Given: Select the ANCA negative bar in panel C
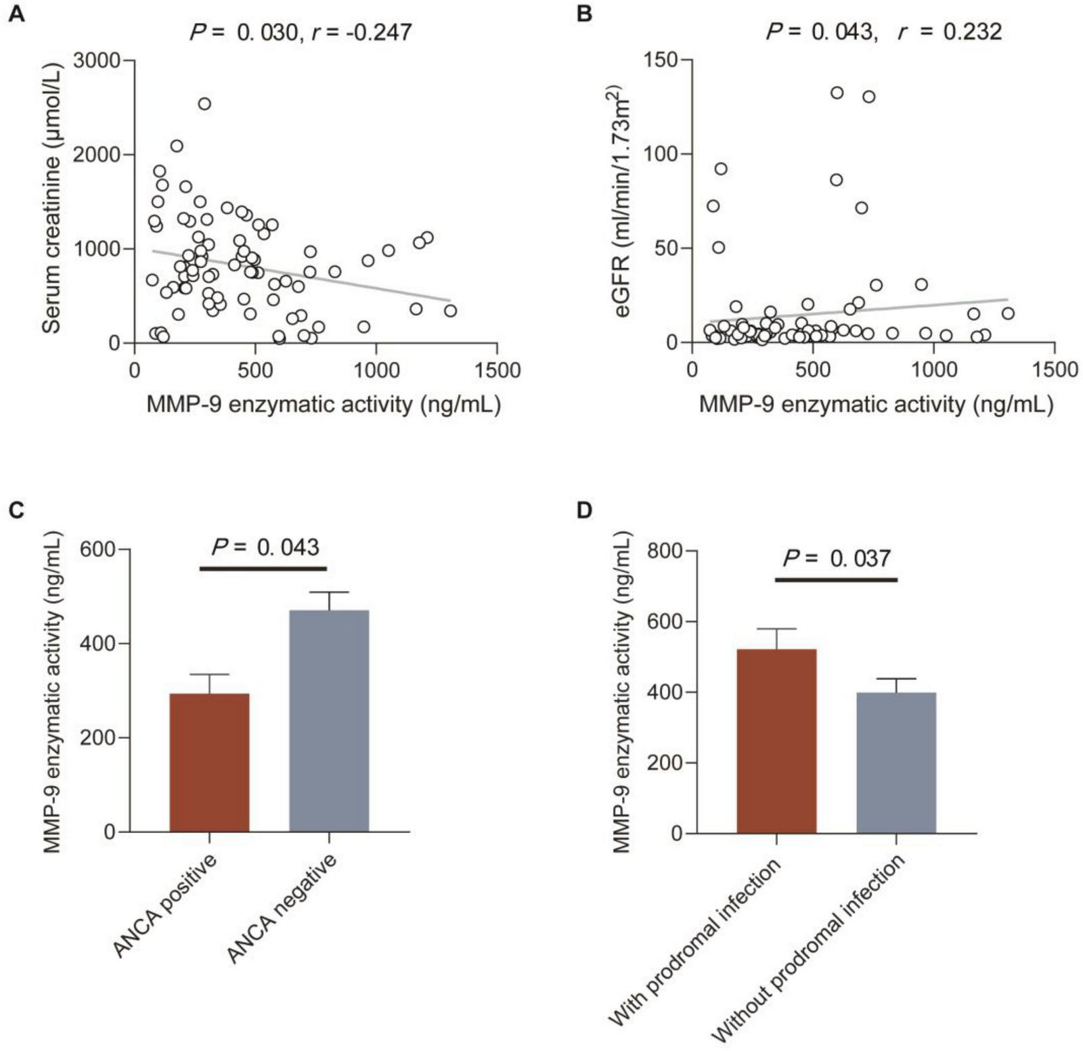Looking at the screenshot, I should click(x=329, y=720).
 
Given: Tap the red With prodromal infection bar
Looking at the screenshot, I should click(x=776, y=740).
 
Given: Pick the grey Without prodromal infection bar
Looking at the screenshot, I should click(x=896, y=762).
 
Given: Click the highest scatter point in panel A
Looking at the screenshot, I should click(x=204, y=104).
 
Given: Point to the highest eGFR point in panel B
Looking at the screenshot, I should click(x=837, y=93).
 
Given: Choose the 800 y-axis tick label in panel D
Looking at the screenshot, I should click(x=663, y=551).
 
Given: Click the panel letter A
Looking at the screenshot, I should click(x=16, y=14).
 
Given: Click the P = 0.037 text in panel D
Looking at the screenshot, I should click(x=837, y=558).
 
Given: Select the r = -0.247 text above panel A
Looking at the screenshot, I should click(x=361, y=32).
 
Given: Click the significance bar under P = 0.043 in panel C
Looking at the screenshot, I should click(x=263, y=568).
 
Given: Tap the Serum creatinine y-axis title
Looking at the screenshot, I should click(x=52, y=198).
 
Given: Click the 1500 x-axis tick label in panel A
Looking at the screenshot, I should click(x=497, y=370).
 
